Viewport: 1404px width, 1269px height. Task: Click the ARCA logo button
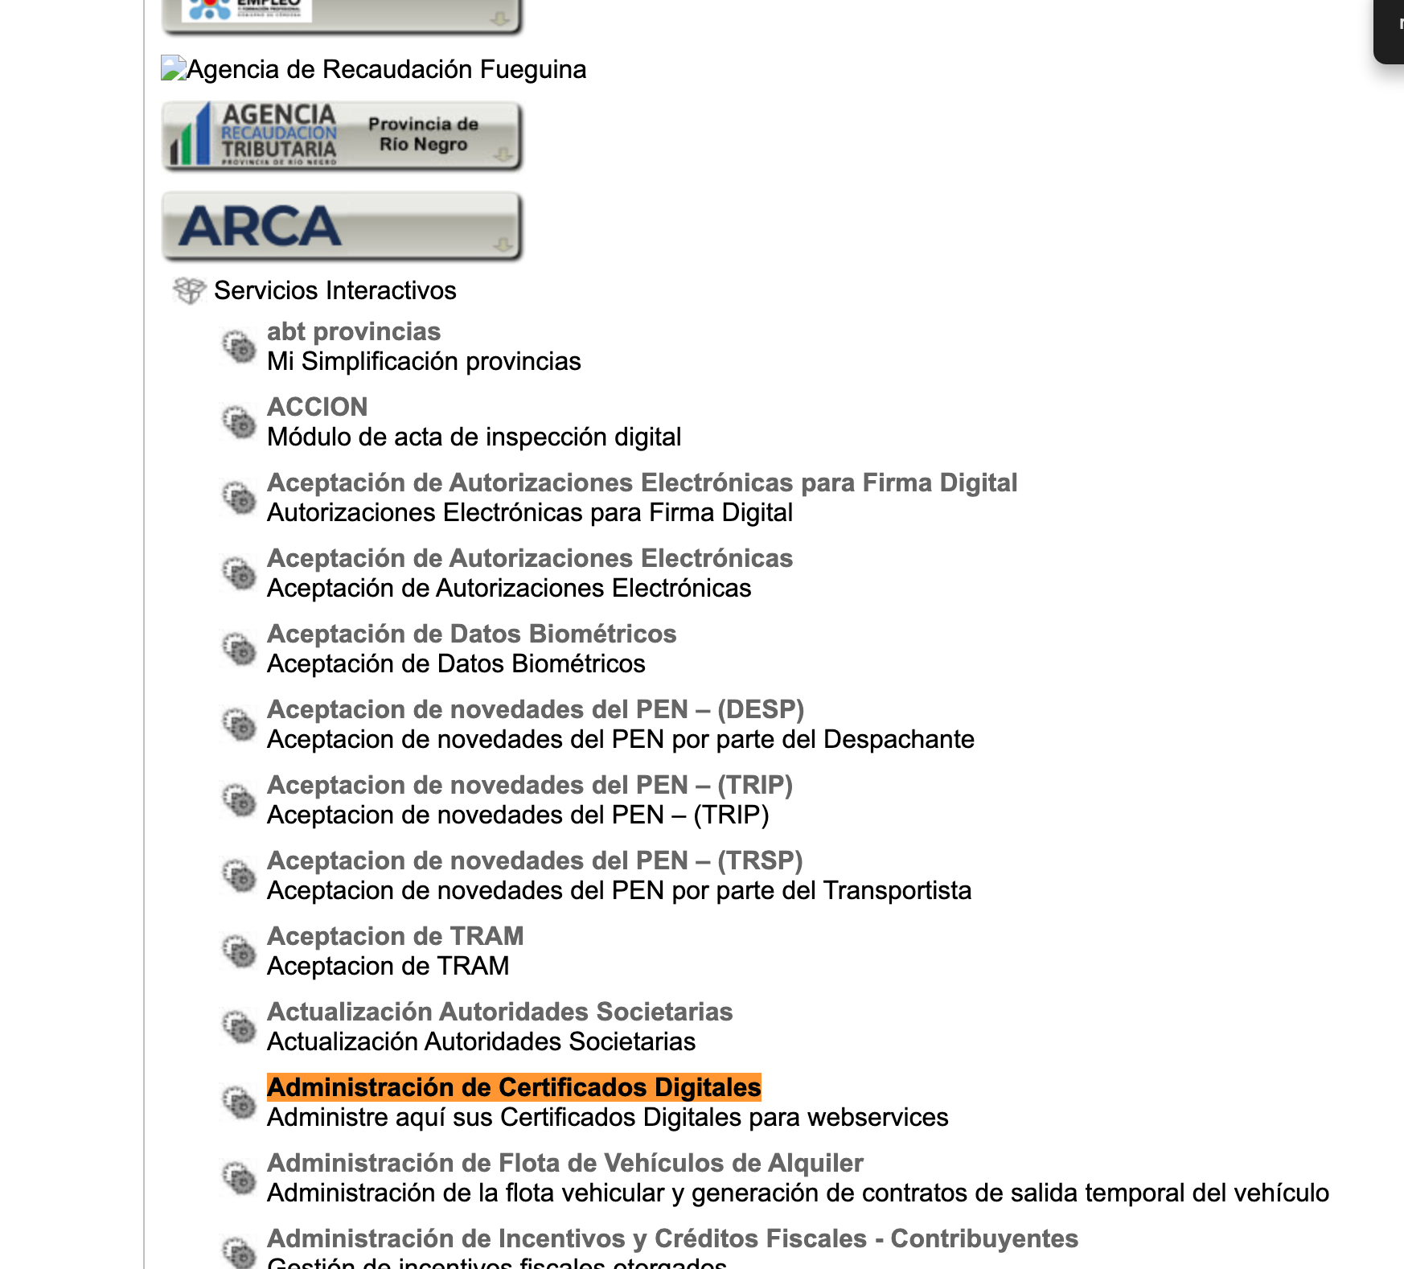pos(342,226)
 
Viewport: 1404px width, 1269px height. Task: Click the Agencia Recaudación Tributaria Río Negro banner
pos(342,136)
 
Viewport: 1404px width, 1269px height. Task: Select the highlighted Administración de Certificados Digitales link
pos(514,1087)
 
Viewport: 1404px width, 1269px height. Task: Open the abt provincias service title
pos(354,331)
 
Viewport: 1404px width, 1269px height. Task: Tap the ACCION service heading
pos(317,407)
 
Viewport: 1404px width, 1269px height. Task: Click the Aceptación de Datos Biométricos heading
pos(471,634)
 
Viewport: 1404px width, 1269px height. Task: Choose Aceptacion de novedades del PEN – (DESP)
pos(536,709)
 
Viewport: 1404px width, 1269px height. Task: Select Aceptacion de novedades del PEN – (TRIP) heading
pos(529,785)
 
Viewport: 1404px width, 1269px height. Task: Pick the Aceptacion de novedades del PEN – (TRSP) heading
pos(535,860)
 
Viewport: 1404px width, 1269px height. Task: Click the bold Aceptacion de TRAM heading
pos(395,936)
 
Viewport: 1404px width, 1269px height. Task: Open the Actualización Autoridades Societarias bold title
pos(499,1012)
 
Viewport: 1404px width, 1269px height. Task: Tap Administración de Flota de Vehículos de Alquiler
pos(564,1163)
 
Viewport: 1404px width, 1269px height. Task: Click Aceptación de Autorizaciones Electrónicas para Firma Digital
pos(642,483)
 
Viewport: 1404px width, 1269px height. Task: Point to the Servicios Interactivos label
pos(335,290)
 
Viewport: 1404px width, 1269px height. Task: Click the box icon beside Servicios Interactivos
pos(190,290)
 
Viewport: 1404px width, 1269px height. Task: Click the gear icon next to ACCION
pos(239,422)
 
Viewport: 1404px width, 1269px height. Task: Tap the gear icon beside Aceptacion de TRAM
pos(239,951)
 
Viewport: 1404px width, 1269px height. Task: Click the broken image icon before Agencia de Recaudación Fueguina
pos(173,68)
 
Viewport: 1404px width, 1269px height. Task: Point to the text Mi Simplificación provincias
pos(424,362)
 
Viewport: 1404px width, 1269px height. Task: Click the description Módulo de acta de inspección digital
pos(474,437)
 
